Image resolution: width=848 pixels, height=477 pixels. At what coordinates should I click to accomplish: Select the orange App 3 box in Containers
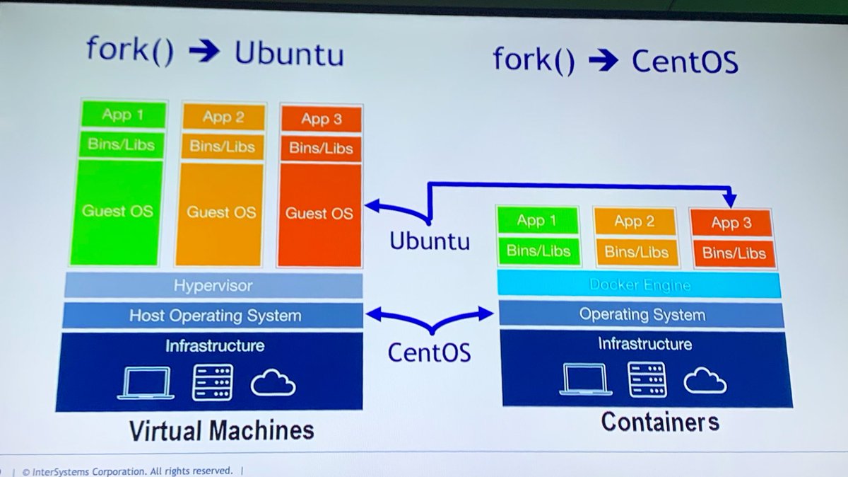tap(731, 223)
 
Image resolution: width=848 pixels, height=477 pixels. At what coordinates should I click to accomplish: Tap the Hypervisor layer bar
tap(213, 286)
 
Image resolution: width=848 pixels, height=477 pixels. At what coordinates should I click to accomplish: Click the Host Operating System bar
tap(213, 316)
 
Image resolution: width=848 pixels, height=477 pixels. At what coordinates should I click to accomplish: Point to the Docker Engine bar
tap(640, 285)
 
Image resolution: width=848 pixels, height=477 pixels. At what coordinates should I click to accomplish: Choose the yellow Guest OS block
tap(220, 212)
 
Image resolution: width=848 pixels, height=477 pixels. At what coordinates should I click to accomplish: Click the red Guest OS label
tap(319, 213)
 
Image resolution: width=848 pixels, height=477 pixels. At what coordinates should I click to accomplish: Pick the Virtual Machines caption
tap(221, 430)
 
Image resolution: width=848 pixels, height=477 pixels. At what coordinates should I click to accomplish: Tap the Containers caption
tap(660, 423)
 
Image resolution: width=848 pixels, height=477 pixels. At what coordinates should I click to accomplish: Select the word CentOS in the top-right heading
tap(684, 62)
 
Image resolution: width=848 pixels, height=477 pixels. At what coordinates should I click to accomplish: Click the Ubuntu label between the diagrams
tap(429, 241)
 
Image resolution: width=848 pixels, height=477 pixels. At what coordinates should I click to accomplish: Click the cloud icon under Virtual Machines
tap(273, 384)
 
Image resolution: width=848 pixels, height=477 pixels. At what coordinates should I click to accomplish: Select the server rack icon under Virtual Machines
tap(212, 383)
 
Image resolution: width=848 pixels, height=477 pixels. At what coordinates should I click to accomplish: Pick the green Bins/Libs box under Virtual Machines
tap(122, 145)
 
